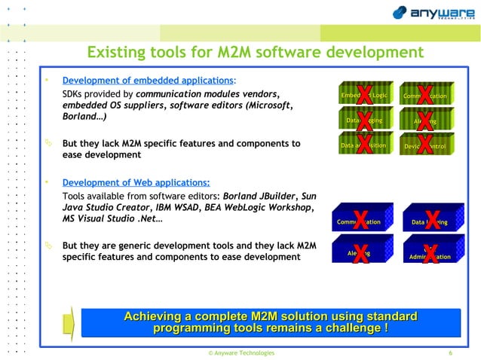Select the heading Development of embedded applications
pos(148,80)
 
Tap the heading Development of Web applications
pos(136,182)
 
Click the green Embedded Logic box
pos(364,96)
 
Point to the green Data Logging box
pos(364,121)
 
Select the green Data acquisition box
pos(363,145)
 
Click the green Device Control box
pos(425,145)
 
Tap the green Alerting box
pos(425,121)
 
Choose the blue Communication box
pos(360,222)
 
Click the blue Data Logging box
pos(430,222)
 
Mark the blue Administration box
pos(430,256)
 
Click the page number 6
pos(450,352)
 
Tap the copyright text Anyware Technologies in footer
pos(241,352)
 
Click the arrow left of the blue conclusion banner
pos(68,322)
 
